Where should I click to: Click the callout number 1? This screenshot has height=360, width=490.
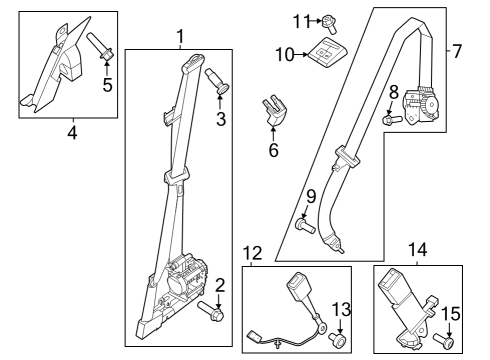pos(180,37)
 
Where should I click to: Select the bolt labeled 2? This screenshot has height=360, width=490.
pos(212,312)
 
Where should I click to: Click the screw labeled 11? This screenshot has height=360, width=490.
pos(330,21)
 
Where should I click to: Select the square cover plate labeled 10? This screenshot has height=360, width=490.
pos(324,52)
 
